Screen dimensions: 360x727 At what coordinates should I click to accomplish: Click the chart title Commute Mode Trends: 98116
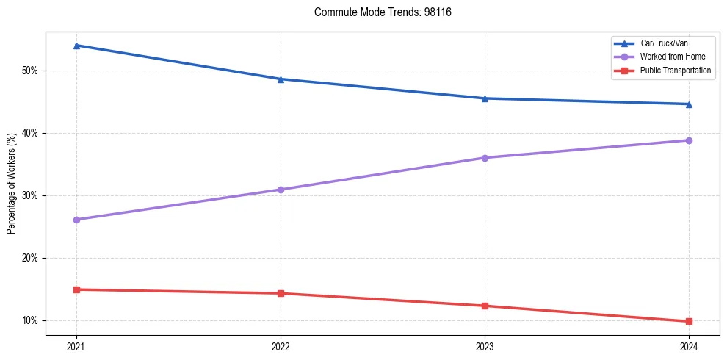[x=377, y=12]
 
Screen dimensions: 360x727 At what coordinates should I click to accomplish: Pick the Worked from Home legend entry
[x=673, y=57]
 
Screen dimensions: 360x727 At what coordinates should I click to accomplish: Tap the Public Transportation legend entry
[x=676, y=71]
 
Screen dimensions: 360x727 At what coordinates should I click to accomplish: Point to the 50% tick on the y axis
[x=30, y=71]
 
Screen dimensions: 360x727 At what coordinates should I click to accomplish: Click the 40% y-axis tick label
[x=30, y=133]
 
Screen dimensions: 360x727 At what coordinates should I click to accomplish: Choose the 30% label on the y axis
[x=30, y=195]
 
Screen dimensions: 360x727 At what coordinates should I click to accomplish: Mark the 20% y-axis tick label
[x=30, y=258]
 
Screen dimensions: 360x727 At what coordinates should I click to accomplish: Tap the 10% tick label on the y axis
[x=30, y=320]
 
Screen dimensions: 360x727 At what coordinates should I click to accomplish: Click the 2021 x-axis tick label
[x=76, y=345]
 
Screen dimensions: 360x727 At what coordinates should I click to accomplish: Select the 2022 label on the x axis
[x=281, y=345]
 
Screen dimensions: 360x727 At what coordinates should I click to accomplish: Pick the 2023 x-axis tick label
[x=485, y=345]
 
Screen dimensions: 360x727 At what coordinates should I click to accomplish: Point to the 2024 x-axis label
[x=689, y=345]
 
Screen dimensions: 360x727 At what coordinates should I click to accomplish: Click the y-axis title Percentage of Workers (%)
[x=12, y=184]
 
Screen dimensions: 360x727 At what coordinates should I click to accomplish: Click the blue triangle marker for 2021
[x=76, y=46]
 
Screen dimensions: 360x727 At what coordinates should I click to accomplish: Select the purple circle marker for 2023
[x=485, y=158]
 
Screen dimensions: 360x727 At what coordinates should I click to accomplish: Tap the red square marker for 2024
[x=689, y=321]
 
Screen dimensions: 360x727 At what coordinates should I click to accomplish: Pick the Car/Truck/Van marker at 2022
[x=281, y=79]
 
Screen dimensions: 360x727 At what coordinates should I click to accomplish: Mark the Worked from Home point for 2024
[x=689, y=140]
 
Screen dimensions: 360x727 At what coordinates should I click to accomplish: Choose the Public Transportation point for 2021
[x=76, y=289]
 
